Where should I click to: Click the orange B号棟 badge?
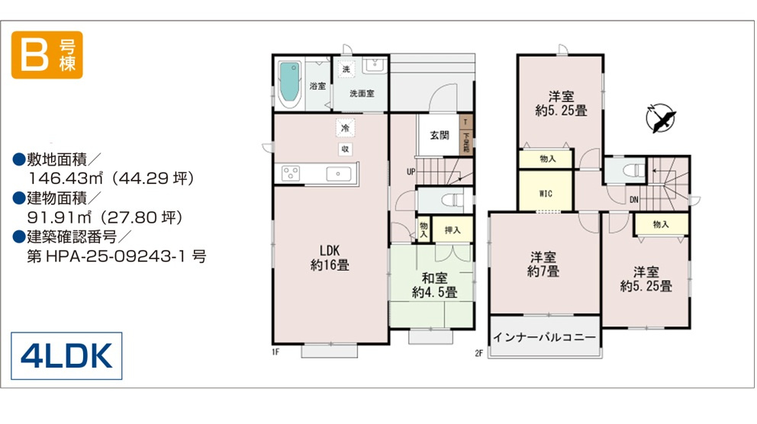tap(47, 54)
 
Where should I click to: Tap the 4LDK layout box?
tap(66, 356)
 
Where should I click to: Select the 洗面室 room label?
tap(362, 94)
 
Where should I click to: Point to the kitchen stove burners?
tap(291, 173)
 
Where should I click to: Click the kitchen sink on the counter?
tap(338, 174)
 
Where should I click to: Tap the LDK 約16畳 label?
tap(330, 258)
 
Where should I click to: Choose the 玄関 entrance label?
tap(440, 136)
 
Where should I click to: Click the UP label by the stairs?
tap(411, 172)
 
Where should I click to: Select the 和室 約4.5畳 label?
tap(434, 285)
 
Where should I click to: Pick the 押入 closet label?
tap(453, 230)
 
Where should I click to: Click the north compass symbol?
tap(660, 118)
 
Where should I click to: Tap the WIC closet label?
tap(546, 194)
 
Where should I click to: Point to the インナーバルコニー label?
tap(544, 337)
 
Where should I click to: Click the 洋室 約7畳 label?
tap(543, 265)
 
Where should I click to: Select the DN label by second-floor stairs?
tap(634, 200)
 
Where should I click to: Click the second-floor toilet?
tap(633, 171)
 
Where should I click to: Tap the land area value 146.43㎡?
tap(65, 178)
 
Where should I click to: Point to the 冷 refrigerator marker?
tap(345, 128)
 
